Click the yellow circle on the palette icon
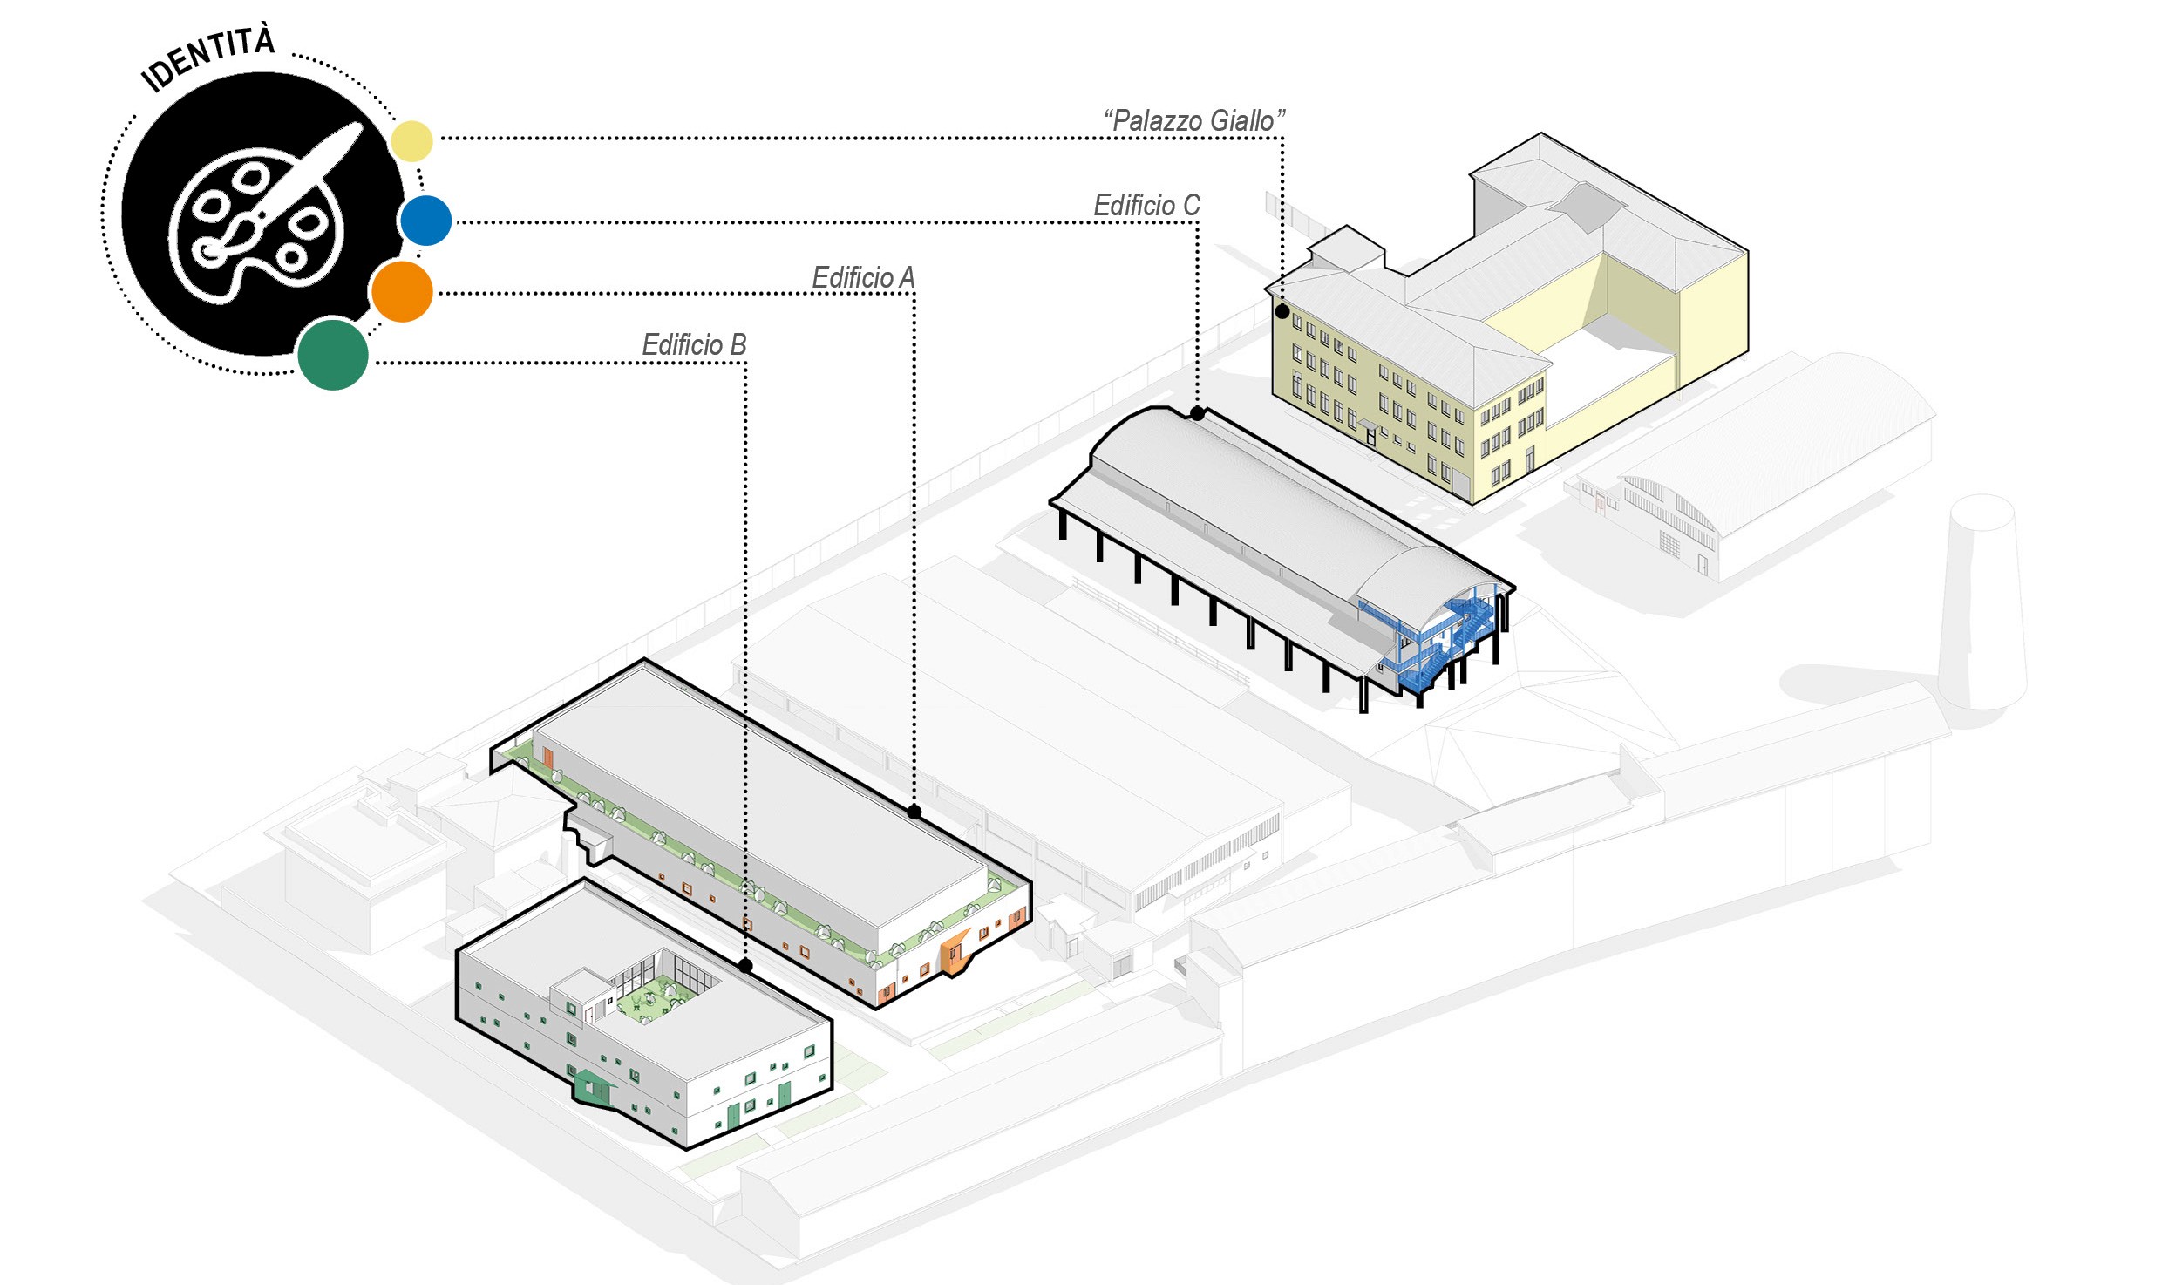click(x=411, y=141)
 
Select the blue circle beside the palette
click(x=426, y=221)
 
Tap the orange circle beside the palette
click(x=402, y=292)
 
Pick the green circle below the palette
click(x=333, y=355)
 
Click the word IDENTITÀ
click(x=209, y=58)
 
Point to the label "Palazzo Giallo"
click(x=1193, y=121)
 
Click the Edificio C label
click(x=1146, y=206)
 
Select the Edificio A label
click(x=863, y=278)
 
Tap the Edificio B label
click(x=694, y=345)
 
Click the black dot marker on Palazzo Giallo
click(x=1282, y=311)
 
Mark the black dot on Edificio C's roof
click(x=1198, y=413)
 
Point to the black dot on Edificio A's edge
click(x=914, y=812)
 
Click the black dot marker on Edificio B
click(x=745, y=965)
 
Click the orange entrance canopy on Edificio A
click(x=955, y=951)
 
